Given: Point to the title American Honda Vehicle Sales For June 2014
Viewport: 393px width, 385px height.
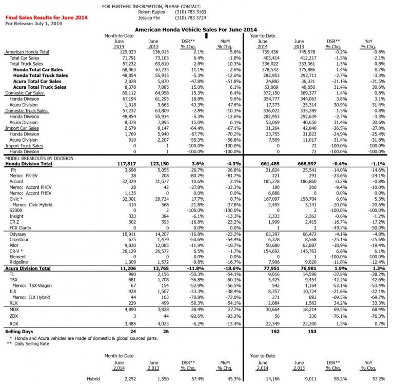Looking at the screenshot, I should pyautogui.click(x=195, y=30).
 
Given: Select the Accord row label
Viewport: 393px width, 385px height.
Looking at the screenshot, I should pyautogui.click(x=17, y=182).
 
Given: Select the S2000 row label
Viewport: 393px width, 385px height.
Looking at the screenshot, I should pyautogui.click(x=17, y=210).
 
